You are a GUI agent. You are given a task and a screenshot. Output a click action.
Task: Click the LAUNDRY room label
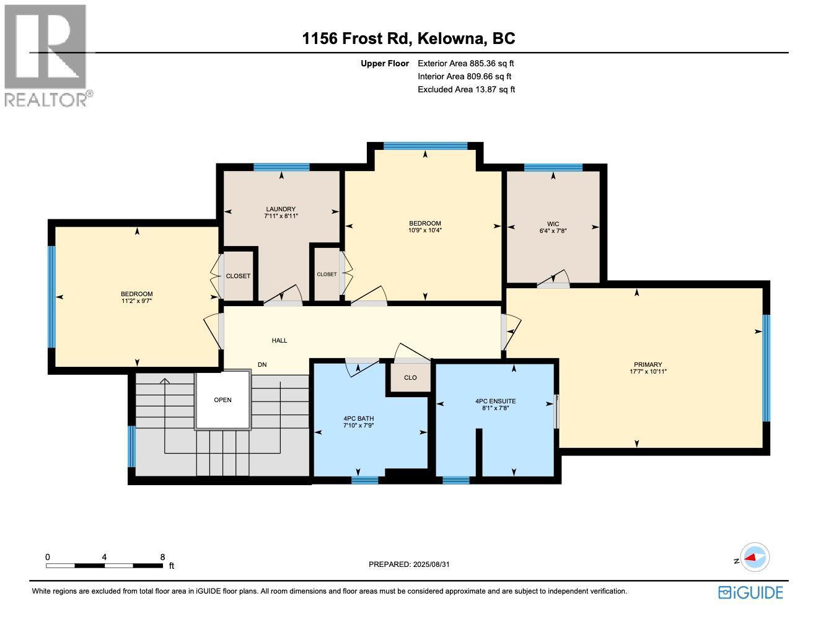point(281,209)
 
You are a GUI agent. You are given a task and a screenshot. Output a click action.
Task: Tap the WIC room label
point(553,224)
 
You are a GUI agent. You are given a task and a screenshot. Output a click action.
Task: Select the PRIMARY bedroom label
point(648,364)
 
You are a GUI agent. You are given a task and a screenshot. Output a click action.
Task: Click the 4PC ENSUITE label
point(495,401)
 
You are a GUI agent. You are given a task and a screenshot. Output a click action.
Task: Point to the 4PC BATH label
point(358,418)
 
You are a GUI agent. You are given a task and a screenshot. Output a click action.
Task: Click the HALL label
point(279,340)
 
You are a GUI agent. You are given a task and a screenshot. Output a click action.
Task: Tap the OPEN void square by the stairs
point(222,400)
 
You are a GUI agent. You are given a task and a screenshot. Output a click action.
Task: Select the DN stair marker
point(262,365)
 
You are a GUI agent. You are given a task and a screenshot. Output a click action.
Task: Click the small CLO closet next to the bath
point(410,377)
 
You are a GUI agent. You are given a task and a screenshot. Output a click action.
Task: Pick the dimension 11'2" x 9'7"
point(136,301)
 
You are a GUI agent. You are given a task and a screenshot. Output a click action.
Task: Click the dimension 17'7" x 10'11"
point(648,372)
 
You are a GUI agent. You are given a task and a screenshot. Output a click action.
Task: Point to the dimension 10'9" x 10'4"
point(424,230)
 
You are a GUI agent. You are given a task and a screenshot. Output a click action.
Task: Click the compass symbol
point(755,557)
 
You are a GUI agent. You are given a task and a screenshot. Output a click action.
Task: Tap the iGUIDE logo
point(750,592)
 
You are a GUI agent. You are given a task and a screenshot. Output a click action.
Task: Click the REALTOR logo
point(46,56)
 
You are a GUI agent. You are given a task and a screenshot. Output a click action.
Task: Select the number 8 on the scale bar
point(162,557)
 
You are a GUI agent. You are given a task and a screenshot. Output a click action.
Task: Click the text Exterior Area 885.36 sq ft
point(466,63)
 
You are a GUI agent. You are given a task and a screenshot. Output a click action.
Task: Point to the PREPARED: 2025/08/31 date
point(408,564)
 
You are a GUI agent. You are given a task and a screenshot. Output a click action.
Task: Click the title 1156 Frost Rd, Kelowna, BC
point(408,38)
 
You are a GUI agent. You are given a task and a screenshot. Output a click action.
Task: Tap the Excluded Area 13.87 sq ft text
point(466,89)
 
